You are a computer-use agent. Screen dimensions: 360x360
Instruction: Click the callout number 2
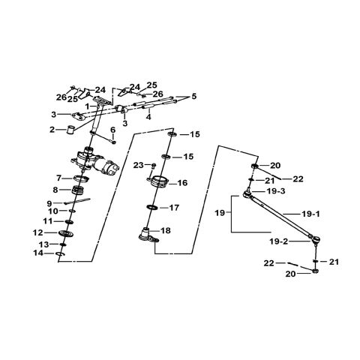coord(52,130)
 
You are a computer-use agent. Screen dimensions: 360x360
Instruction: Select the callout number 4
coord(148,116)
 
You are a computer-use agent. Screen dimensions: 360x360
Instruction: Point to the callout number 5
coord(193,96)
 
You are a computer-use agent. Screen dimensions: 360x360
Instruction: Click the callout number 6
coord(113,130)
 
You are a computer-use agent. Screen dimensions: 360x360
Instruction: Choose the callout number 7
coord(58,178)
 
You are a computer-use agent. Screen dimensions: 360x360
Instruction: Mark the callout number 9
coord(50,202)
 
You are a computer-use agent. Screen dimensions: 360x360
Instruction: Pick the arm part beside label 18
coord(148,234)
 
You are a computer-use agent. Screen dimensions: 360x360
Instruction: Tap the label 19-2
coord(279,242)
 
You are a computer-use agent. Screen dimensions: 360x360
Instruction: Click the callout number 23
coord(139,165)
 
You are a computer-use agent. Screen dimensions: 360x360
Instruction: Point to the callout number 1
coord(88,106)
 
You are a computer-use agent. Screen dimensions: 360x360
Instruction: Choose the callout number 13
coord(45,244)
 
